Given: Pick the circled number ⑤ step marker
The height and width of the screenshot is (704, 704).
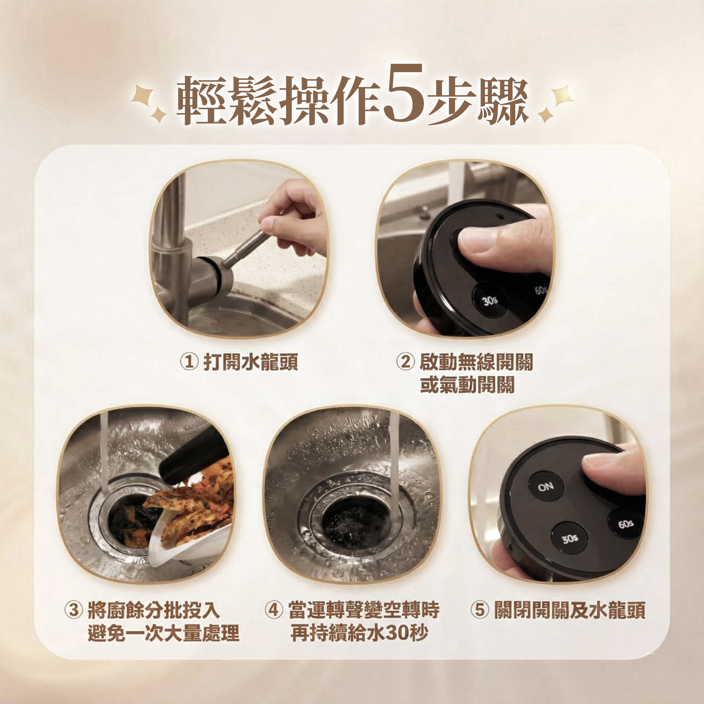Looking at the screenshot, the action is click(480, 610).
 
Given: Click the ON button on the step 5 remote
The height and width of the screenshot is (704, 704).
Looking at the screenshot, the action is click(546, 487).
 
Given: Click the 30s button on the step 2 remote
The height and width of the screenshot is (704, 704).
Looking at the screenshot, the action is click(490, 300).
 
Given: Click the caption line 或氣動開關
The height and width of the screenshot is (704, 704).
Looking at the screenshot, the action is click(467, 385).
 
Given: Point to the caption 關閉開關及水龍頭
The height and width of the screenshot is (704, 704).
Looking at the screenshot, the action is click(570, 610).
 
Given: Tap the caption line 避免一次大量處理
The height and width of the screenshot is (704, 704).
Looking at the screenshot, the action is click(164, 633).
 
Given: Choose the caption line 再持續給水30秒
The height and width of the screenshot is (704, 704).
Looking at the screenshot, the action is click(359, 633).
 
